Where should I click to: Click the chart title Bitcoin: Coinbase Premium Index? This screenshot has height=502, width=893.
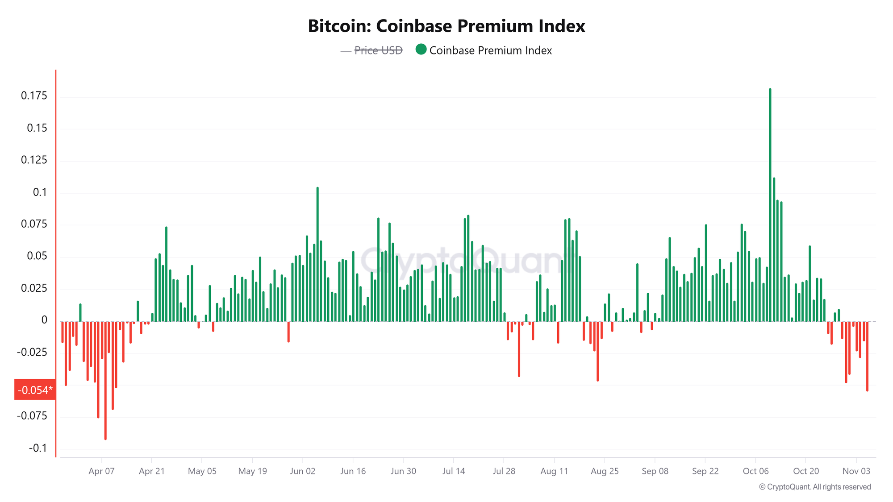click(446, 26)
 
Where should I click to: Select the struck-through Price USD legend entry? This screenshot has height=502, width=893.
click(378, 50)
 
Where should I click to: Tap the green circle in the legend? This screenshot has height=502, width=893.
click(421, 50)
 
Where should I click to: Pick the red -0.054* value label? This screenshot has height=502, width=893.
click(35, 390)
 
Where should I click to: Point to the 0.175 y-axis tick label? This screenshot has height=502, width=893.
click(34, 95)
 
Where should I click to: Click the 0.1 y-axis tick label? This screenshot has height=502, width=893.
click(40, 192)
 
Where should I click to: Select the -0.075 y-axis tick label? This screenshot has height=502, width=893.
click(32, 416)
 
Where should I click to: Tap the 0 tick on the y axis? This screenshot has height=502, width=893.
click(44, 320)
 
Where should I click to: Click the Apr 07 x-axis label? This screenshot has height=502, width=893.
click(101, 471)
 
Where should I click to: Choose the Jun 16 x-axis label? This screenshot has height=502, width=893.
click(353, 471)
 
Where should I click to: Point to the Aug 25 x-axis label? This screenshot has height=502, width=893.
click(605, 471)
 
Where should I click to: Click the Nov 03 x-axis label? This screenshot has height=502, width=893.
click(856, 471)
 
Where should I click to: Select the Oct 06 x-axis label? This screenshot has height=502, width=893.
click(755, 471)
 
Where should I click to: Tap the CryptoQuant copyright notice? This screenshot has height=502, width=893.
click(815, 487)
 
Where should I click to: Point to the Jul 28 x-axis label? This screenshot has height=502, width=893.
click(504, 471)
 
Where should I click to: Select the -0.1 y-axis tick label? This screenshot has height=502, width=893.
click(38, 448)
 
